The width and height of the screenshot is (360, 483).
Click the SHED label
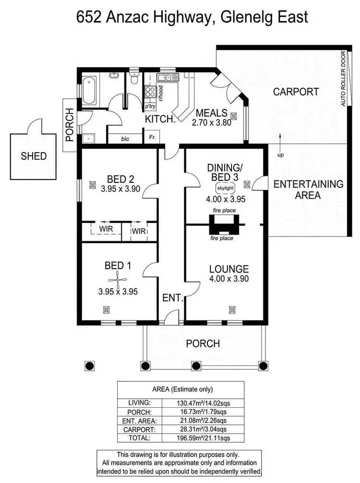[34, 156]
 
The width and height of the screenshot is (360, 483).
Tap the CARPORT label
[296, 92]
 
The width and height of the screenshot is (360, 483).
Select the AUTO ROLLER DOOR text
[343, 79]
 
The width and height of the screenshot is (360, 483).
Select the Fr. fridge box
[152, 138]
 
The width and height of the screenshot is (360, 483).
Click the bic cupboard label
[125, 139]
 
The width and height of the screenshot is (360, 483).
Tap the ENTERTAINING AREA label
[308, 189]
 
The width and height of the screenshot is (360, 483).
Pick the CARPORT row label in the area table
[140, 429]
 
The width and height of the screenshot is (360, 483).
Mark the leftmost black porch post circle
[89, 366]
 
